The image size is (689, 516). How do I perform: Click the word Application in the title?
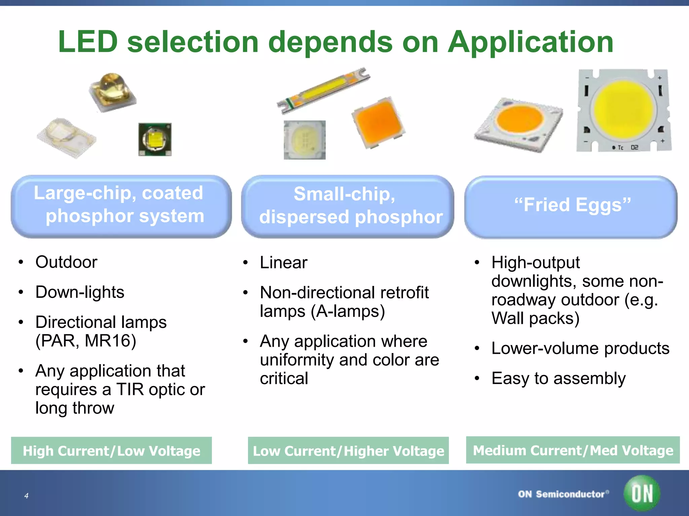pyautogui.click(x=531, y=42)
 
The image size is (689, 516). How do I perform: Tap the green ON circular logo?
pyautogui.click(x=642, y=493)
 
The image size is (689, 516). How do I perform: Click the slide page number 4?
pyautogui.click(x=26, y=496)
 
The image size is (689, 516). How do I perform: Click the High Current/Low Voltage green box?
pyautogui.click(x=111, y=450)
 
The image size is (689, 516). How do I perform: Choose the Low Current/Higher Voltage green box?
pyautogui.click(x=348, y=450)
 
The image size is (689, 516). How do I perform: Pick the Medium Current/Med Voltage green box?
pyautogui.click(x=573, y=450)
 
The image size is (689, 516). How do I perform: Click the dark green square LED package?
pyautogui.click(x=155, y=139)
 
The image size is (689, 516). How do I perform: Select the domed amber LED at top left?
pyautogui.click(x=112, y=91)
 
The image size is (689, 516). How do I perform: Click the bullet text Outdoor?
pyautogui.click(x=66, y=262)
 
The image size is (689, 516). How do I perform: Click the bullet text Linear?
pyautogui.click(x=283, y=262)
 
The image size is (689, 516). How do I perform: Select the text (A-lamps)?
pyautogui.click(x=348, y=311)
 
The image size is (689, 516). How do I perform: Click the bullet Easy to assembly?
pyautogui.click(x=558, y=378)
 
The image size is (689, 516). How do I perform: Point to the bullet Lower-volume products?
pyautogui.click(x=580, y=348)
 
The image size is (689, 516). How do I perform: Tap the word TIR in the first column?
pyautogui.click(x=130, y=390)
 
